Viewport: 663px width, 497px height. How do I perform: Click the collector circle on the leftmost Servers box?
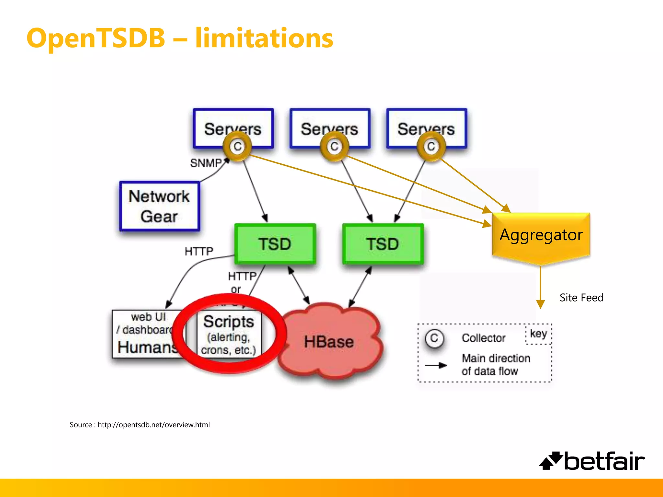(x=238, y=147)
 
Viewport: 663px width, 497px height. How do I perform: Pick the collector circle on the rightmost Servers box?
(x=431, y=147)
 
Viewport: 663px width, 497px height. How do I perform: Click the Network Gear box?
(x=159, y=206)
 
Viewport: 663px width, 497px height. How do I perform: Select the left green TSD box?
(x=275, y=244)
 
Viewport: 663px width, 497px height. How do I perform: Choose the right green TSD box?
(x=383, y=244)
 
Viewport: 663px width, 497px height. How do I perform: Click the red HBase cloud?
(x=329, y=342)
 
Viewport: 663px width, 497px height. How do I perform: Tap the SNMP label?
(x=206, y=163)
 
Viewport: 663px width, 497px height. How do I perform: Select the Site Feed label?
(x=581, y=298)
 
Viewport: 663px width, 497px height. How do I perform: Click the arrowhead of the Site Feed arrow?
(x=540, y=304)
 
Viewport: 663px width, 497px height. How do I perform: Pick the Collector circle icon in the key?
(x=434, y=338)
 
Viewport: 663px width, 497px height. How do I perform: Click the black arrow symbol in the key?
(x=436, y=365)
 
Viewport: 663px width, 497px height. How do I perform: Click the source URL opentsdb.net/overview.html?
(x=153, y=425)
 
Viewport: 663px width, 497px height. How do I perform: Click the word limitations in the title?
(x=264, y=38)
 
